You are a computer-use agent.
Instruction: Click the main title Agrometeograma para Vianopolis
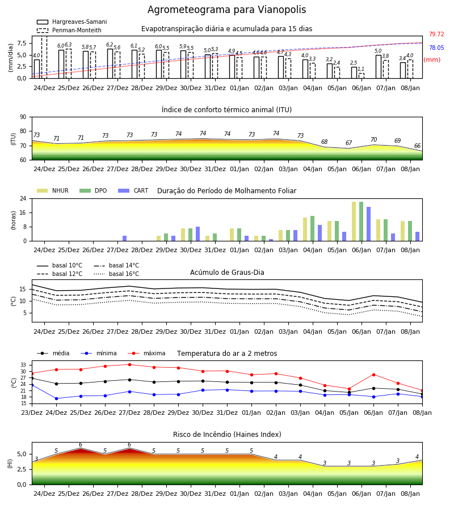(x=226, y=10)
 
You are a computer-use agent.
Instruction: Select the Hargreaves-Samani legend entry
(x=72, y=22)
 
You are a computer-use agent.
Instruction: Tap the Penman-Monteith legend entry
(x=69, y=30)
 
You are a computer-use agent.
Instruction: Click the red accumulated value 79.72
(x=436, y=34)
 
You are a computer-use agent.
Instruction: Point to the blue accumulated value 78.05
(x=436, y=48)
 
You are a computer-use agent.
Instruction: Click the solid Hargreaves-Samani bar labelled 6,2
(x=110, y=63)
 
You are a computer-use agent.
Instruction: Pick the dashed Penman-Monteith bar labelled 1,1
(x=361, y=76)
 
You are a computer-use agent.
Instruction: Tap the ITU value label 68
(x=325, y=142)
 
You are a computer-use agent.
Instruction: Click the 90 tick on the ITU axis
(x=23, y=117)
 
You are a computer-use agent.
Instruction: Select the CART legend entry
(x=133, y=190)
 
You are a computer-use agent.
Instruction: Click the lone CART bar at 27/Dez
(x=125, y=239)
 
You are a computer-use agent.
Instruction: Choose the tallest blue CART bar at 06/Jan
(x=369, y=224)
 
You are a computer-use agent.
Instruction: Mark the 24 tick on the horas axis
(x=23, y=198)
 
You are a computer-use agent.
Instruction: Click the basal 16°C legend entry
(x=116, y=274)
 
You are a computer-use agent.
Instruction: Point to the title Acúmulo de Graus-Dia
(x=227, y=272)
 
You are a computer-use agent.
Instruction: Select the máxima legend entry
(x=146, y=353)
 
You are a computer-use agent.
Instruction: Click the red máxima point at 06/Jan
(x=373, y=375)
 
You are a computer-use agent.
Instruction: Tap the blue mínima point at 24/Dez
(x=56, y=398)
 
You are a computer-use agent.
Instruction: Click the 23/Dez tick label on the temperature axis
(x=32, y=413)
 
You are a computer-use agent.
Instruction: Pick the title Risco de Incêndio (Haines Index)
(x=227, y=435)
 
